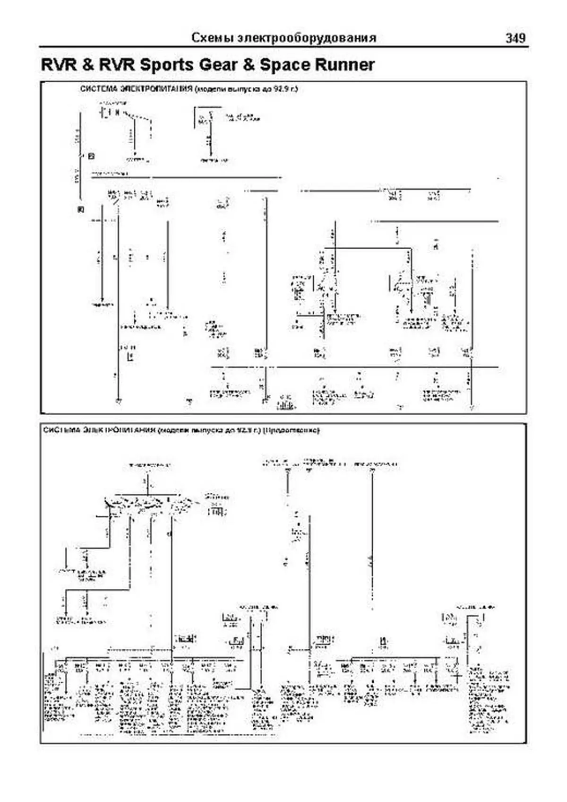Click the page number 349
pos(515,38)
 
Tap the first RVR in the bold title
pos(59,65)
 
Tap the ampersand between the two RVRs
pos(87,65)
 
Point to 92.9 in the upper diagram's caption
pos(280,88)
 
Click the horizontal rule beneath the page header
pos(283,47)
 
